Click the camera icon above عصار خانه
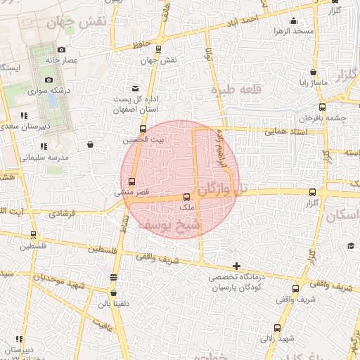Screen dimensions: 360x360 (61, 49)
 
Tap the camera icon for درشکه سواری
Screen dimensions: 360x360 (49, 79)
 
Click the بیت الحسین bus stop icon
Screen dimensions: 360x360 (143, 129)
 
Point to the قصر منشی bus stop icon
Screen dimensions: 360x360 (131, 182)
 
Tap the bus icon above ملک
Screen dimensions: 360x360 (186, 198)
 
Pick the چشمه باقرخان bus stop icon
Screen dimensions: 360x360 (322, 108)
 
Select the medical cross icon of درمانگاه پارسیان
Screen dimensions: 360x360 (237, 266)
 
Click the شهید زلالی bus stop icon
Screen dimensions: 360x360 (278, 328)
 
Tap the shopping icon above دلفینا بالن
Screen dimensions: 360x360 (113, 293)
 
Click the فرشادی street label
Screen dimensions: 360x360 (60, 212)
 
